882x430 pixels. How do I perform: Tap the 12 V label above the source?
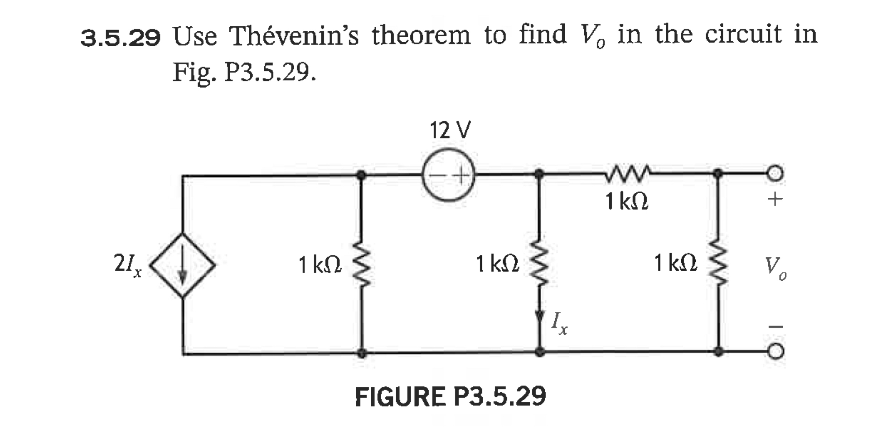coord(450,131)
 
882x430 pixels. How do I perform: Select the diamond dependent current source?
coord(182,265)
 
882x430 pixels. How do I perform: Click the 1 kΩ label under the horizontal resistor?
coord(627,201)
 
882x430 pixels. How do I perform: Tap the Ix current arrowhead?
coord(539,316)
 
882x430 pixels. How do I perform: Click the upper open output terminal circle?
coord(775,173)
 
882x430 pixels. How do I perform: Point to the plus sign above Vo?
coord(775,199)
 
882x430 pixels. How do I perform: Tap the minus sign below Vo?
coord(775,326)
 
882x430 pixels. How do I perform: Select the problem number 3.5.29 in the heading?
coord(121,38)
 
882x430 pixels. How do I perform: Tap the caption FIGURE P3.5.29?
coord(450,396)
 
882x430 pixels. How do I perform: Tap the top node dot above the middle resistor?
coord(539,173)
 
